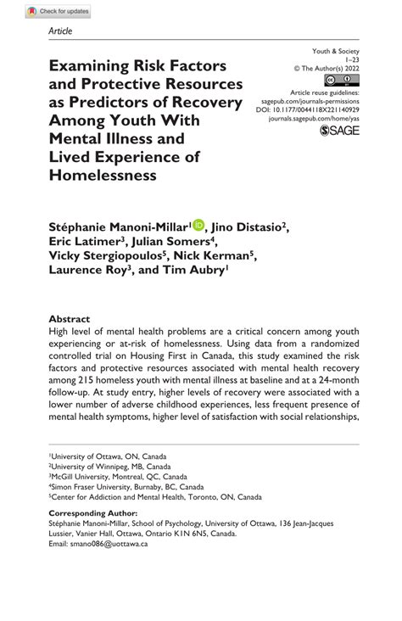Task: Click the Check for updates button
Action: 57,11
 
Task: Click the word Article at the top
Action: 61,31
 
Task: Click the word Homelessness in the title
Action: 103,176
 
